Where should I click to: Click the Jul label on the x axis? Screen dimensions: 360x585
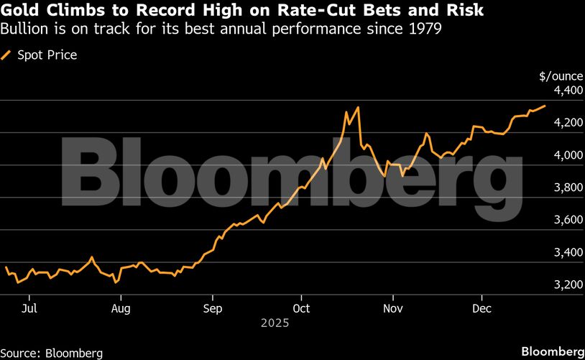tap(29, 308)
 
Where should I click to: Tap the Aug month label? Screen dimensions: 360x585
tap(121, 308)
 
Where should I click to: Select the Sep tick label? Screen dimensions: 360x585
tap(213, 308)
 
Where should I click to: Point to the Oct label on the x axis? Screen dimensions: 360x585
tap(301, 308)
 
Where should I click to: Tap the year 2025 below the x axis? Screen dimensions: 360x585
tap(275, 324)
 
